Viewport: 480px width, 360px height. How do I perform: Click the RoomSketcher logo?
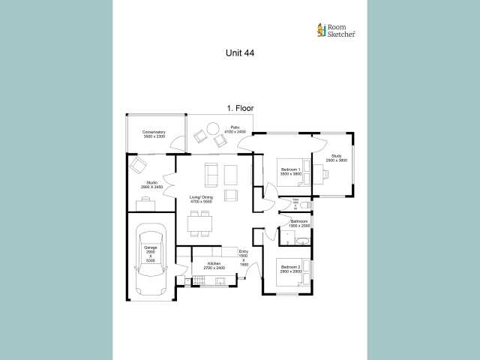coord(336,30)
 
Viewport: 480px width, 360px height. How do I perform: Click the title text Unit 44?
coord(240,53)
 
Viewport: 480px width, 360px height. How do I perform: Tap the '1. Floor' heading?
coord(240,109)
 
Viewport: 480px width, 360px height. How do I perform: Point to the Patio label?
coord(235,130)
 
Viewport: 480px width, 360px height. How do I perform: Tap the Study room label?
coord(336,158)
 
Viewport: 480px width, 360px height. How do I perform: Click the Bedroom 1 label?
coord(291,172)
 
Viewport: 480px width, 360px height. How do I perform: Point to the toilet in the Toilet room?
coord(307,204)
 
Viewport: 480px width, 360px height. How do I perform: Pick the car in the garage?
coord(151,259)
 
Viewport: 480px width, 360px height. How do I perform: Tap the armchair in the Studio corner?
coord(138,165)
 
